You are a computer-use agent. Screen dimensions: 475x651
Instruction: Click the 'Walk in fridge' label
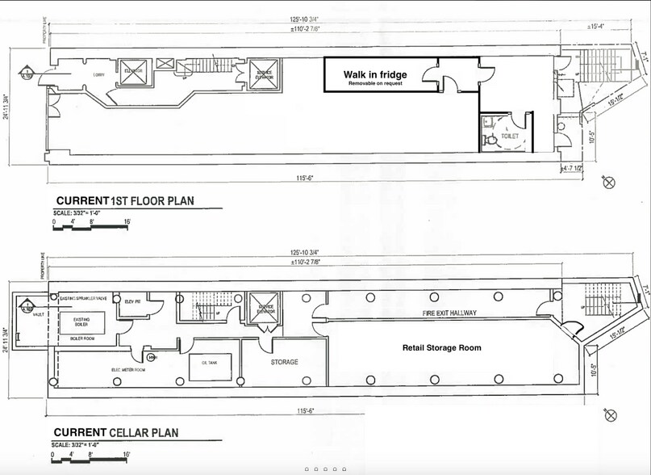click(375, 74)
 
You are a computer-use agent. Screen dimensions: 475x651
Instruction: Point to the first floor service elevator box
click(262, 74)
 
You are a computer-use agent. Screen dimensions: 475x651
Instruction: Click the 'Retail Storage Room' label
click(441, 348)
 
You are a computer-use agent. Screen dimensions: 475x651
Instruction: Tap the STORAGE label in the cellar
click(285, 362)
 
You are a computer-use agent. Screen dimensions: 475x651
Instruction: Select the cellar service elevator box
click(262, 308)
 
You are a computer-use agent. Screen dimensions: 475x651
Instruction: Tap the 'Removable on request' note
click(375, 84)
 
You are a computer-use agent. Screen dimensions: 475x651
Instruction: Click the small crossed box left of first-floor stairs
click(165, 64)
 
